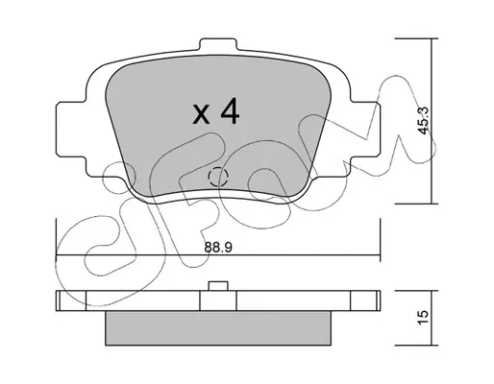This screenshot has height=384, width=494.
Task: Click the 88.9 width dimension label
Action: click(x=217, y=247)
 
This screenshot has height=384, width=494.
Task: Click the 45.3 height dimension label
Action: click(x=424, y=121)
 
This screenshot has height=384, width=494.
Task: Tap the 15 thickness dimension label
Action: click(x=423, y=318)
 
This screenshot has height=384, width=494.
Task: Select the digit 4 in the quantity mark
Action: click(x=230, y=110)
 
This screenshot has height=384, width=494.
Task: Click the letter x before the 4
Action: click(x=201, y=114)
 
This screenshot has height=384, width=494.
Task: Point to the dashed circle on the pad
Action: click(x=218, y=177)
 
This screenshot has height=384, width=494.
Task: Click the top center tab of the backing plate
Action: click(x=218, y=45)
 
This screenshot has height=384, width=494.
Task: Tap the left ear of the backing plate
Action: click(x=71, y=130)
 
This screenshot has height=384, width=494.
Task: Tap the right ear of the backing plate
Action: click(x=365, y=130)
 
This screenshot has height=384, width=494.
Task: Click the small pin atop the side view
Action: click(x=218, y=286)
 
